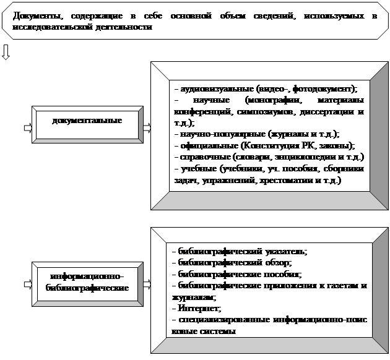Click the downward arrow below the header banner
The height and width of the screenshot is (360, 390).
6,51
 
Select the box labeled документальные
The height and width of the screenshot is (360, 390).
87,121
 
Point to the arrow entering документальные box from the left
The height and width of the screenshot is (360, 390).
28,128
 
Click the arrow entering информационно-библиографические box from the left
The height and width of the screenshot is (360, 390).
28,285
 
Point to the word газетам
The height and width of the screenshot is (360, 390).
335,285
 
